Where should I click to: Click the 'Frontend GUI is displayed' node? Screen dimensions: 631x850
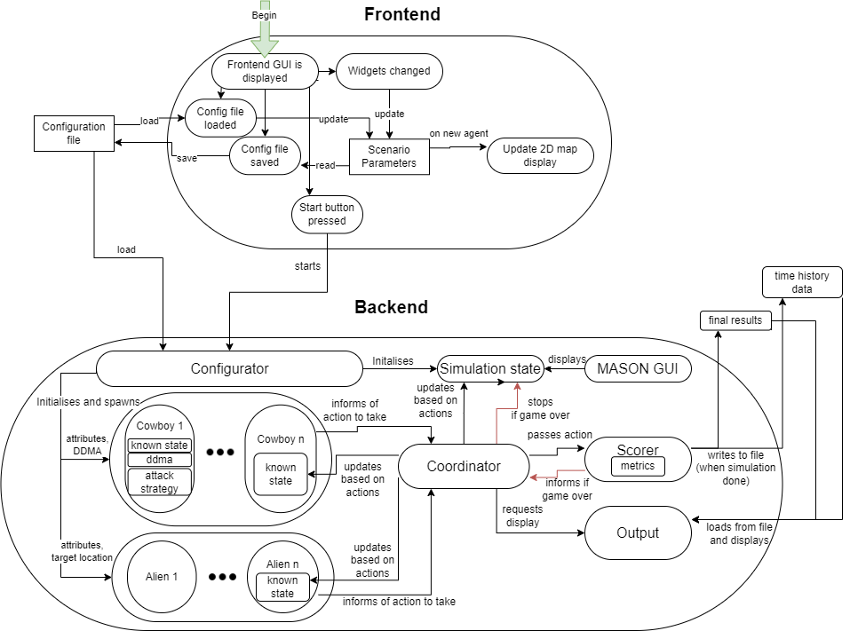click(x=265, y=71)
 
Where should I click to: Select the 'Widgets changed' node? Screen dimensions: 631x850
click(x=389, y=71)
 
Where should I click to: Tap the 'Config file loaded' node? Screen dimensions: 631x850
click(x=220, y=117)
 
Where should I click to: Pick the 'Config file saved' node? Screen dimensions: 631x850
click(x=265, y=155)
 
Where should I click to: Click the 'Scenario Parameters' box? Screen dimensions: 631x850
click(x=389, y=155)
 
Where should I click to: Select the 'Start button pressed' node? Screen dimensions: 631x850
click(x=327, y=214)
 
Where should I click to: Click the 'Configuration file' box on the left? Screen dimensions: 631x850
click(x=74, y=133)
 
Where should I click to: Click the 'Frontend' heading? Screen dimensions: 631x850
click(x=401, y=14)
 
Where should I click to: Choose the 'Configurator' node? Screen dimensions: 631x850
click(x=229, y=368)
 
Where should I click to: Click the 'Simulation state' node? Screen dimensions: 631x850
click(x=490, y=368)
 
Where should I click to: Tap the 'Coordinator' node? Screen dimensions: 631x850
click(x=464, y=466)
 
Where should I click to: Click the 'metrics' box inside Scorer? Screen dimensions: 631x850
click(x=638, y=466)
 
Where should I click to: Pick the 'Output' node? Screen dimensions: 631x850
click(x=638, y=532)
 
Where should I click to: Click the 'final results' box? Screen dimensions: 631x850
click(x=735, y=319)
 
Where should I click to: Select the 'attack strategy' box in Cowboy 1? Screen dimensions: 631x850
click(x=160, y=482)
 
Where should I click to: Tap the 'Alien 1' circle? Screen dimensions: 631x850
click(x=163, y=576)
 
